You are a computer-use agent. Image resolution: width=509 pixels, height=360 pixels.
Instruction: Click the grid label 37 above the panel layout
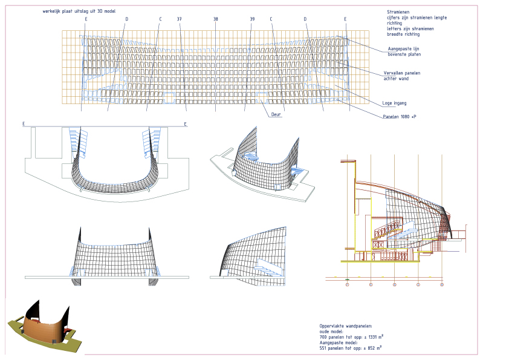click(x=180, y=19)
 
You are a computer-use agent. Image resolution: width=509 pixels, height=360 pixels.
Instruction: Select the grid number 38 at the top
click(x=216, y=19)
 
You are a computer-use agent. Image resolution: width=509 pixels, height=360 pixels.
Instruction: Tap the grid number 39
click(x=252, y=19)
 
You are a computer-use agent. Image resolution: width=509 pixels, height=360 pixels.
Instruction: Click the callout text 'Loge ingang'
click(x=394, y=103)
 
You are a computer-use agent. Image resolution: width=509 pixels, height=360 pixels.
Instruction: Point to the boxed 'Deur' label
click(x=276, y=113)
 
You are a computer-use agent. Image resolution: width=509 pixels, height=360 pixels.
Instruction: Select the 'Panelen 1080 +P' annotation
click(x=400, y=116)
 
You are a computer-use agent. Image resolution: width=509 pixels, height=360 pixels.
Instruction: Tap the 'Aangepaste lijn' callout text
click(x=404, y=49)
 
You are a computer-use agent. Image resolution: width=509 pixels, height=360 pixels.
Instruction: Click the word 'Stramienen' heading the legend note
click(x=398, y=11)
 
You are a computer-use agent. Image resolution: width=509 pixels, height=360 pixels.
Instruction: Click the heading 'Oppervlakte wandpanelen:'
click(x=346, y=326)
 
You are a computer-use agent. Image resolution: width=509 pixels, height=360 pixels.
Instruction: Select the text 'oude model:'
click(x=331, y=331)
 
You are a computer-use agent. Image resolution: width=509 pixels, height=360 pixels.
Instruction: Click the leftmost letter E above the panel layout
click(x=86, y=19)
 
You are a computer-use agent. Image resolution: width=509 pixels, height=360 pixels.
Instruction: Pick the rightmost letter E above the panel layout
click(x=346, y=19)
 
